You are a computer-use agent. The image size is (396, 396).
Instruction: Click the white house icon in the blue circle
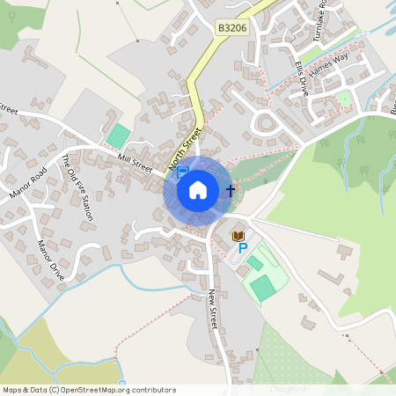tap(198, 190)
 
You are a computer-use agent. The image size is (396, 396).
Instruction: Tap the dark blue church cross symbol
tap(231, 190)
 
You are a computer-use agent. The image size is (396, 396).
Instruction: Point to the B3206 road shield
tap(232, 29)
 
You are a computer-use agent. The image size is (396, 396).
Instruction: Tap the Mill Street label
tap(135, 162)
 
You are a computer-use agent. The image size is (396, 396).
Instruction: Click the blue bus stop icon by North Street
tap(183, 173)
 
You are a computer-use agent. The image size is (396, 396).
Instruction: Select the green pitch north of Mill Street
tap(116, 136)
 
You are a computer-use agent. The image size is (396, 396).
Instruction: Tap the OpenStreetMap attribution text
tap(89, 389)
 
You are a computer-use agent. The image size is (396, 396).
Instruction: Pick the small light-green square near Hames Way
tap(345, 99)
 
